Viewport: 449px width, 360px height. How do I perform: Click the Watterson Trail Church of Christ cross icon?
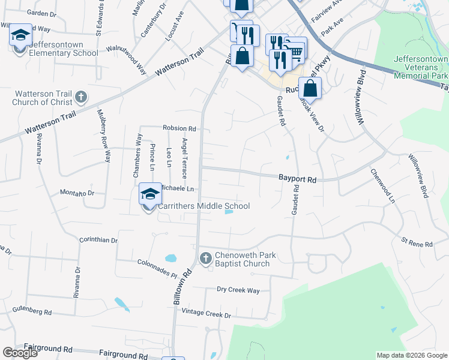click(81, 97)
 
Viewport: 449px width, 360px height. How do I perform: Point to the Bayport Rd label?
click(297, 179)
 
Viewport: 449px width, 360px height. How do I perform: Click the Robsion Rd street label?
click(179, 128)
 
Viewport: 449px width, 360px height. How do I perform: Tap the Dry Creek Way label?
click(238, 290)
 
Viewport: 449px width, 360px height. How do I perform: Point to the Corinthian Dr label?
click(98, 240)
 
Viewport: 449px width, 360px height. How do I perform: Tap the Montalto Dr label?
click(77, 193)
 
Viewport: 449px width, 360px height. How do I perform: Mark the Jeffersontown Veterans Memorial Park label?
click(421, 68)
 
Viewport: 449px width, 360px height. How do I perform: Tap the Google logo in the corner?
click(20, 353)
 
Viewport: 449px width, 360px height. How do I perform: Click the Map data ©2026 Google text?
click(411, 355)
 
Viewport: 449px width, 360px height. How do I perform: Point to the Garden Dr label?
click(41, 13)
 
